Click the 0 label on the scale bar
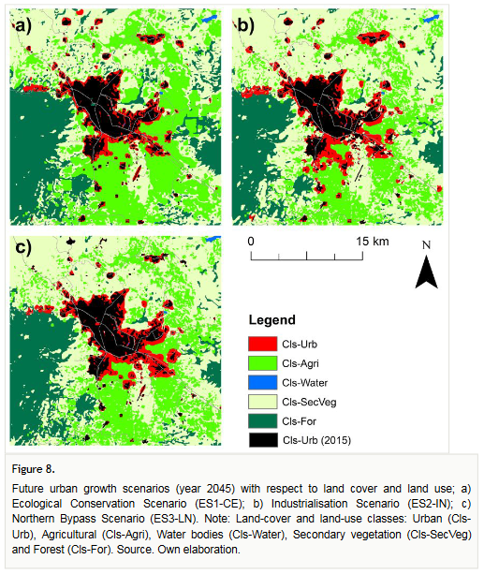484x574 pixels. [x=251, y=242]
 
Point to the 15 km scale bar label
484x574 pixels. [x=373, y=242]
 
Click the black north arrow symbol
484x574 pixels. [x=426, y=272]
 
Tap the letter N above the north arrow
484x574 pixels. [x=426, y=246]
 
